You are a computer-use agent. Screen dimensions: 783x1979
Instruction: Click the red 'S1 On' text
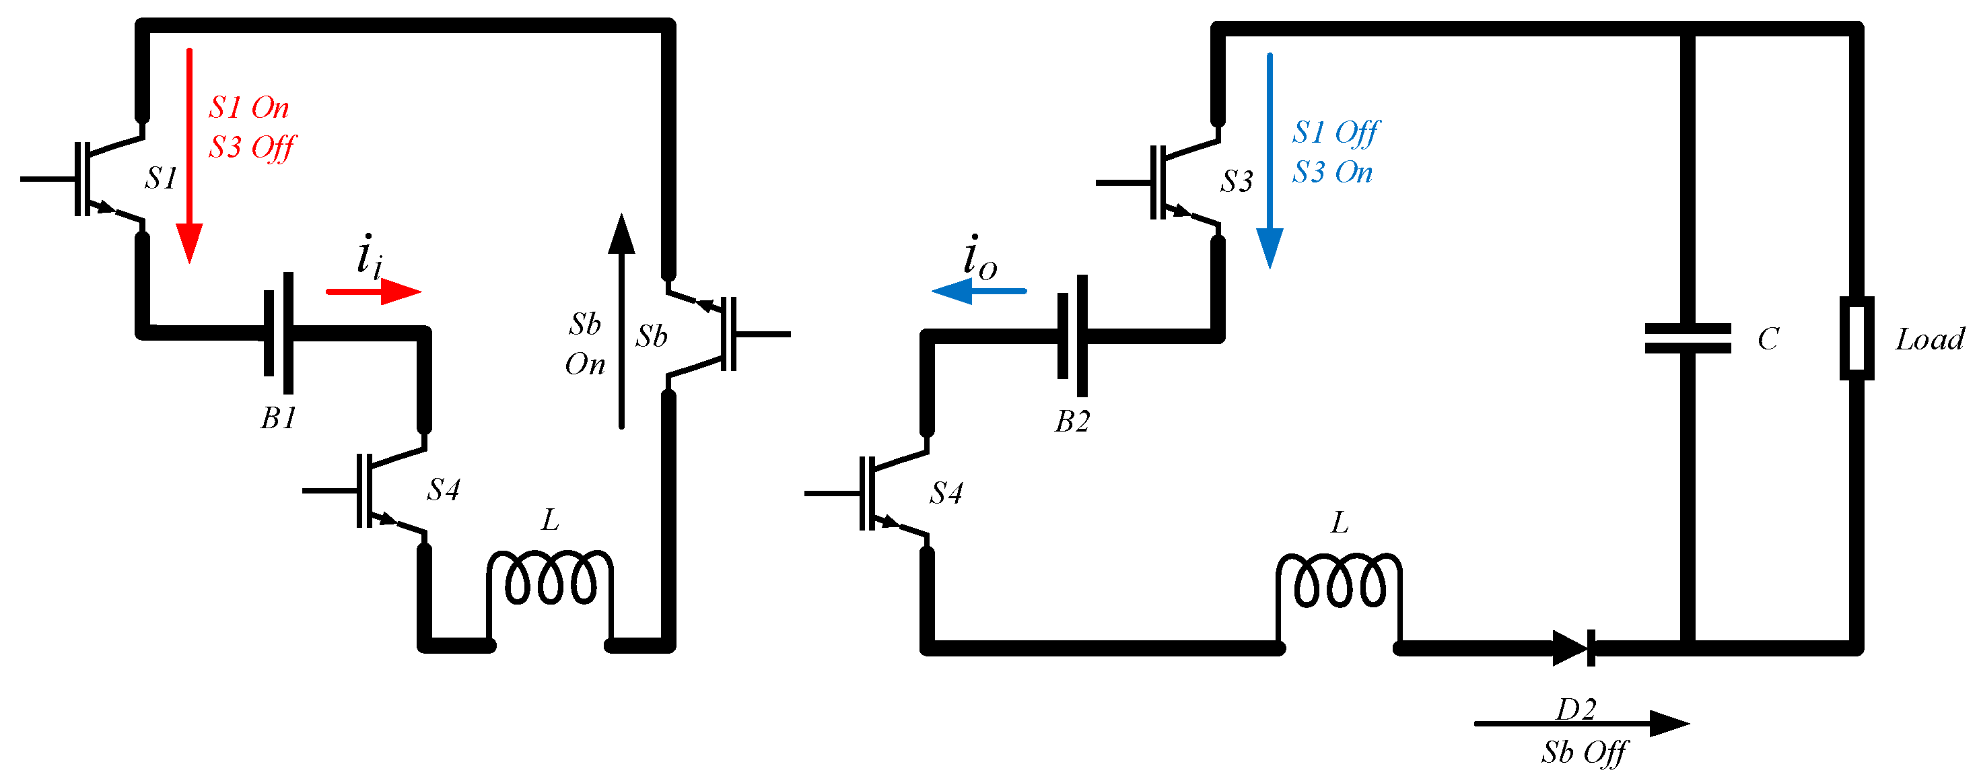coord(249,108)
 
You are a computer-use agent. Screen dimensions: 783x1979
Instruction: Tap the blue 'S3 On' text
coord(1332,172)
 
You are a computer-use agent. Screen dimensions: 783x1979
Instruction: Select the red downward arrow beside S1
coord(189,154)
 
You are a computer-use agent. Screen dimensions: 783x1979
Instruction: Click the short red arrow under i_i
coord(374,292)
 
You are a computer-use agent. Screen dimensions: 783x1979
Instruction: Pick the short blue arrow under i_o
coord(979,292)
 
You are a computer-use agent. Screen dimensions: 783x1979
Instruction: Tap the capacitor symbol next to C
coord(1687,338)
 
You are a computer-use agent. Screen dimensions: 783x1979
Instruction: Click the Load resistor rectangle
coord(1856,338)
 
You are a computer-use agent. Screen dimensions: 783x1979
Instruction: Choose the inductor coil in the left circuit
coord(550,578)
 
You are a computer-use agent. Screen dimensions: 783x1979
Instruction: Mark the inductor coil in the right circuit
coord(1338,580)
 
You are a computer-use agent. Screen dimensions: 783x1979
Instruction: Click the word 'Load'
coord(1929,339)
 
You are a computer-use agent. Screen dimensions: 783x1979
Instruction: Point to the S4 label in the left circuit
coord(444,489)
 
